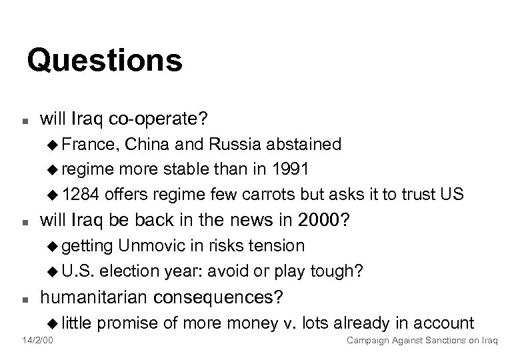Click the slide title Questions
[x=105, y=61]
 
